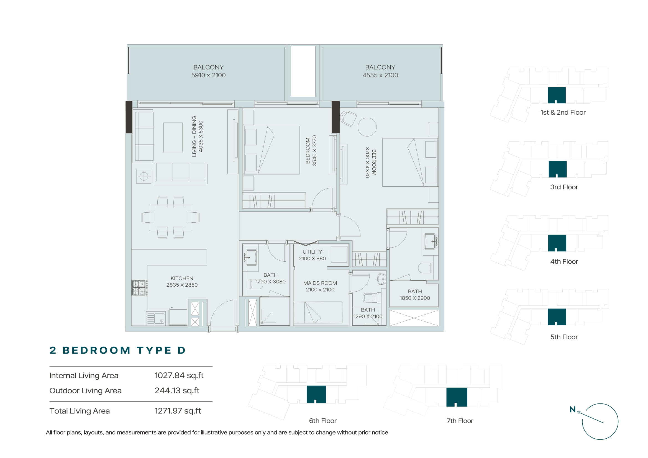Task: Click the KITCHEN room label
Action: point(182,278)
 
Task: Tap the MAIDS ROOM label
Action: point(320,283)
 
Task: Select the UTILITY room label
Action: point(312,252)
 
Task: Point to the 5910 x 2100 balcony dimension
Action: point(208,75)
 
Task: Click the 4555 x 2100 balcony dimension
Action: point(380,75)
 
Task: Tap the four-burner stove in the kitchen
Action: point(139,288)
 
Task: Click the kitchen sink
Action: point(157,318)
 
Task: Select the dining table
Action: point(170,217)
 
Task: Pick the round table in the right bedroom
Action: point(367,127)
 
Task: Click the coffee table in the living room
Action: point(173,137)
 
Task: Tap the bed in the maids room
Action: point(318,312)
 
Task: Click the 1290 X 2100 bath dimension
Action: point(368,317)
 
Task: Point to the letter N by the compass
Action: point(572,410)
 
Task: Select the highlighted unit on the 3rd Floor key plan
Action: point(557,169)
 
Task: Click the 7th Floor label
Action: point(460,421)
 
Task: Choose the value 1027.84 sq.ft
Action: point(179,375)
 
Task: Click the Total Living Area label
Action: point(80,411)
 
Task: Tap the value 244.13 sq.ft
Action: point(177,391)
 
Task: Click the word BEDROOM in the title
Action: point(96,350)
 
